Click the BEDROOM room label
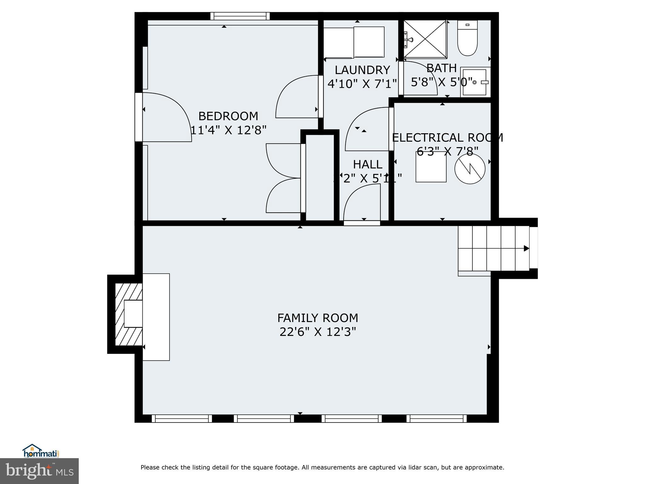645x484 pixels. [228, 116]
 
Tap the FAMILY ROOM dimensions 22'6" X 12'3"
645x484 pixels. [317, 332]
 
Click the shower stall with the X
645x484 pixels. [425, 39]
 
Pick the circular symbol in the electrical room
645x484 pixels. [470, 169]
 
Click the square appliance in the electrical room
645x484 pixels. [431, 167]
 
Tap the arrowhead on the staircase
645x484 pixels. [526, 248]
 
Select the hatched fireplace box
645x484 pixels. [128, 314]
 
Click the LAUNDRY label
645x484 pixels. [362, 70]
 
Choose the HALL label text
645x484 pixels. [368, 164]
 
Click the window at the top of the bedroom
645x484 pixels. [240, 16]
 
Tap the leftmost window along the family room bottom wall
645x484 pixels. [182, 418]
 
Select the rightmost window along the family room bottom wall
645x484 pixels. [436, 418]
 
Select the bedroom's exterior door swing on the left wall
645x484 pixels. [167, 117]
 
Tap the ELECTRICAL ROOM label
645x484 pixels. [447, 138]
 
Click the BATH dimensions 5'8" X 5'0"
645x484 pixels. [442, 82]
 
